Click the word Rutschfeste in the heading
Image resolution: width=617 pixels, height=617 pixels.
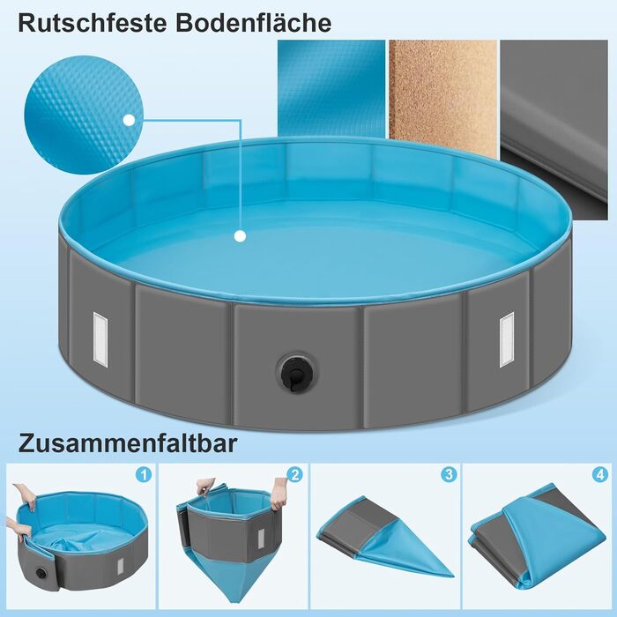[x=92, y=23]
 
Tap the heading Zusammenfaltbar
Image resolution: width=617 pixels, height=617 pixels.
[x=128, y=443]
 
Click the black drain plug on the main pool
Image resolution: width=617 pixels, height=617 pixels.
[x=297, y=372]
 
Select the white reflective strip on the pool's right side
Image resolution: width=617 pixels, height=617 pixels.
[x=507, y=339]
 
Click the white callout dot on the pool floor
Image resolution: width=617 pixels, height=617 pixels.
[x=240, y=236]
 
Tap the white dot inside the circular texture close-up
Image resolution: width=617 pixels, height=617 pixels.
[x=129, y=120]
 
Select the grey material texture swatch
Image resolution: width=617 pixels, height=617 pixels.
[x=554, y=130]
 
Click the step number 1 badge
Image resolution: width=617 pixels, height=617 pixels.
[x=144, y=474]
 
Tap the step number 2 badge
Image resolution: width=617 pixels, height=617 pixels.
[x=294, y=474]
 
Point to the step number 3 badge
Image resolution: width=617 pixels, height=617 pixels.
[x=449, y=474]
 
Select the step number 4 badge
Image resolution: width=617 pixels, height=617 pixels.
[x=599, y=474]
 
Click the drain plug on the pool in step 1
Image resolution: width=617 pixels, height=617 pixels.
[x=41, y=573]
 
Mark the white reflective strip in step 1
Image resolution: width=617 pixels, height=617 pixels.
[x=120, y=567]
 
